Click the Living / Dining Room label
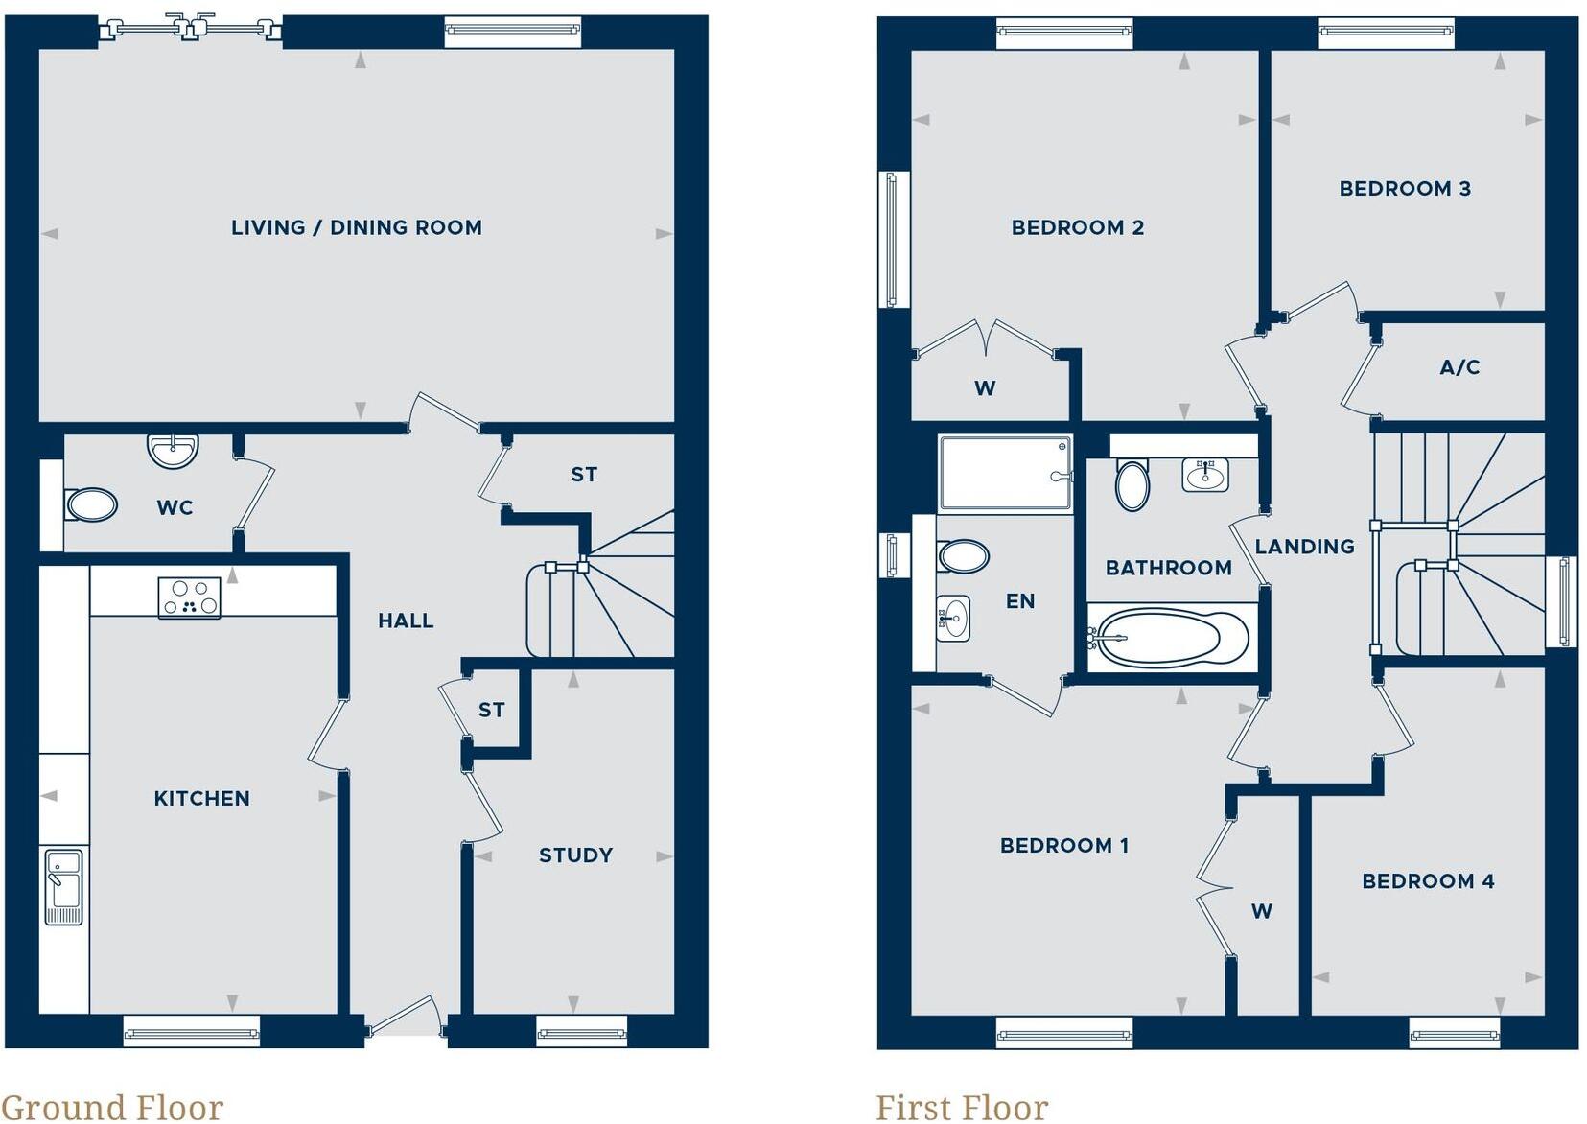356,228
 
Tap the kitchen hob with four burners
189,597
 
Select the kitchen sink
64,886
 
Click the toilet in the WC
91,504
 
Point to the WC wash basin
173,450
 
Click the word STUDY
575,855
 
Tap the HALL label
406,621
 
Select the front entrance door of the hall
406,1019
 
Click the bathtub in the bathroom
1172,637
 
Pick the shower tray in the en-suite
1005,474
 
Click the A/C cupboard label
1459,367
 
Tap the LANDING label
1304,547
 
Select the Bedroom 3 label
1405,189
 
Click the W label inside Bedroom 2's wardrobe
985,388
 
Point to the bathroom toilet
1132,485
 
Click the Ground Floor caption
112,1107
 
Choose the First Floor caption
962,1107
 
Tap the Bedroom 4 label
1428,881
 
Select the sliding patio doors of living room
191,30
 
